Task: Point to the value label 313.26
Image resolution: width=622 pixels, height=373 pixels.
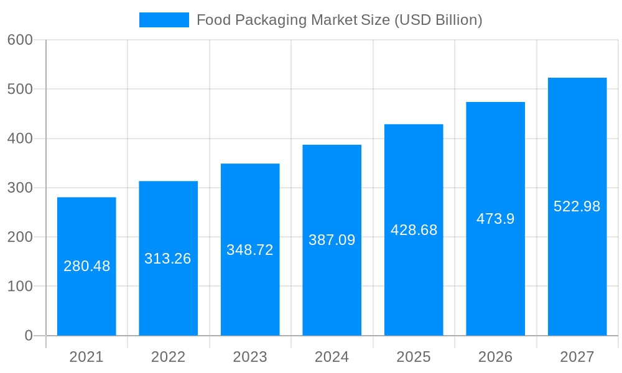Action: pos(167,259)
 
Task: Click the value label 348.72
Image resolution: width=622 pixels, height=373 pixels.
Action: pos(249,250)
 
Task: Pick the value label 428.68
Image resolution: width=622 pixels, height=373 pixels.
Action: pos(414,230)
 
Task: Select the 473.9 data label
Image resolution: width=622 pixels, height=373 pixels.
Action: pos(495,219)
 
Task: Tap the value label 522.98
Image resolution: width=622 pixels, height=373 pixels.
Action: pos(577,206)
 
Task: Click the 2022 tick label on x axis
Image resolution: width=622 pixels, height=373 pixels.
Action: pos(168,357)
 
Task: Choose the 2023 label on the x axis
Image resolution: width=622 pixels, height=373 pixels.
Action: pos(249,357)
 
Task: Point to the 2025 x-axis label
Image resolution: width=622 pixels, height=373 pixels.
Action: pos(414,357)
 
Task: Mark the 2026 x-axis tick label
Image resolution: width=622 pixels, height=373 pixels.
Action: pos(495,357)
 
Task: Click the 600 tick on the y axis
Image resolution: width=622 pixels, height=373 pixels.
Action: pos(20,40)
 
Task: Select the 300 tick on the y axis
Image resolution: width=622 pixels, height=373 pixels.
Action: pos(20,188)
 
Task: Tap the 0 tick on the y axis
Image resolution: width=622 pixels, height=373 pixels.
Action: pos(29,336)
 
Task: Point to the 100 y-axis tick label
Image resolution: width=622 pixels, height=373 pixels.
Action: pos(20,287)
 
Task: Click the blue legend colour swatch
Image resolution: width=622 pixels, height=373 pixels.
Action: pos(164,20)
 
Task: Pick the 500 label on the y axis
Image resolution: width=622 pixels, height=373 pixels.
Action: pos(20,89)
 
